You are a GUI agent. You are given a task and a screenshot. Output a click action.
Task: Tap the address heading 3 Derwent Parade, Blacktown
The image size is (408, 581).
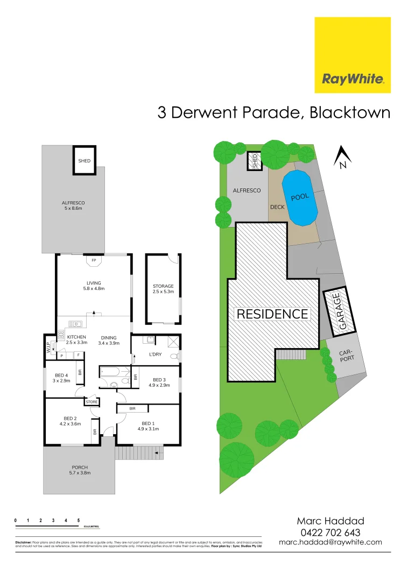[273, 114]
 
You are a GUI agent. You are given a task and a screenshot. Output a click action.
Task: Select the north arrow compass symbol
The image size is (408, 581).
[342, 157]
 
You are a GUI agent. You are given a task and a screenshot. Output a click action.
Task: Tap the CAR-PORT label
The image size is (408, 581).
[347, 356]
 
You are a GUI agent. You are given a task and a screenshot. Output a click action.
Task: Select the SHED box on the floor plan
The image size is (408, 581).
[84, 160]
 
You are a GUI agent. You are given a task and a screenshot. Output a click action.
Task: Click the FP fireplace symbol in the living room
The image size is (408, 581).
[94, 261]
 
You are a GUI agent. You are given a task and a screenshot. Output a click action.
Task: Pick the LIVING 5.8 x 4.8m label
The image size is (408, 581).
[94, 286]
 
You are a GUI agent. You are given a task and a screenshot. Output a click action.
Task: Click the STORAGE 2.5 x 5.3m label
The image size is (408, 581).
[163, 289]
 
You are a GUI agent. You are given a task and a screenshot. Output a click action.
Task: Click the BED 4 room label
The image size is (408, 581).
[61, 378]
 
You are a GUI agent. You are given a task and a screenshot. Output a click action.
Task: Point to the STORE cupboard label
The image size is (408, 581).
[92, 402]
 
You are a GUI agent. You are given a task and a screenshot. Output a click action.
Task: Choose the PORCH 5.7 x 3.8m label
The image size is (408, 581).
[79, 470]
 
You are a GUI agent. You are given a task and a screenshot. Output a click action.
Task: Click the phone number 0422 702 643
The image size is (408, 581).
[330, 532]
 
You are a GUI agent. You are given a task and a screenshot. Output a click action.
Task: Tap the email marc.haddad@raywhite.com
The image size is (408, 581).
[330, 542]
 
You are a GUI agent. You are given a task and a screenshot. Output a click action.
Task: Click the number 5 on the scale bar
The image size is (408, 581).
[79, 521]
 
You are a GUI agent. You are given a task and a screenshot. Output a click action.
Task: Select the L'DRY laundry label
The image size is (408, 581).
[155, 355]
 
